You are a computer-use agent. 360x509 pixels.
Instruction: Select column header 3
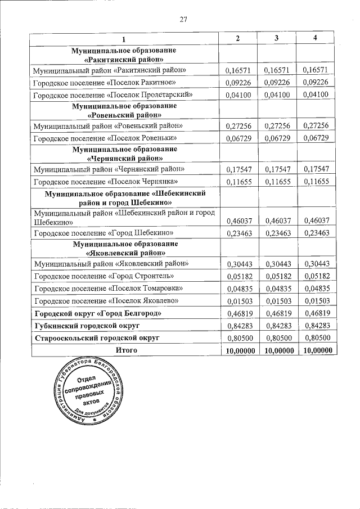[x=276, y=38]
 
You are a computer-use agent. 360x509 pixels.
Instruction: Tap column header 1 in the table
[x=125, y=39]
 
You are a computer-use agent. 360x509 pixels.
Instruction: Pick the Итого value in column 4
[x=315, y=350]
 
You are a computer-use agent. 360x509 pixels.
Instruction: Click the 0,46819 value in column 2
[x=237, y=313]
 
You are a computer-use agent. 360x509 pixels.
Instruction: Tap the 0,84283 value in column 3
[x=276, y=326]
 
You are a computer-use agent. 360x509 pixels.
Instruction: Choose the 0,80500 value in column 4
[x=315, y=339]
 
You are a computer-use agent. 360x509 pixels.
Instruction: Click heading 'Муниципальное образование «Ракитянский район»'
[x=124, y=55]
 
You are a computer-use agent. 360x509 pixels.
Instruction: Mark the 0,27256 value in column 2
[x=237, y=125]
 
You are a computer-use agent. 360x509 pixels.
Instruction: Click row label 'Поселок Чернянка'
[x=106, y=181]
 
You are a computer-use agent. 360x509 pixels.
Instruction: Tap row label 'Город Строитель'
[x=104, y=276]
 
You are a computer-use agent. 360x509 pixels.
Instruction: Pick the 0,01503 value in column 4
[x=315, y=301]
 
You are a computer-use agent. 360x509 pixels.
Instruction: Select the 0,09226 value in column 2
[x=237, y=83]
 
